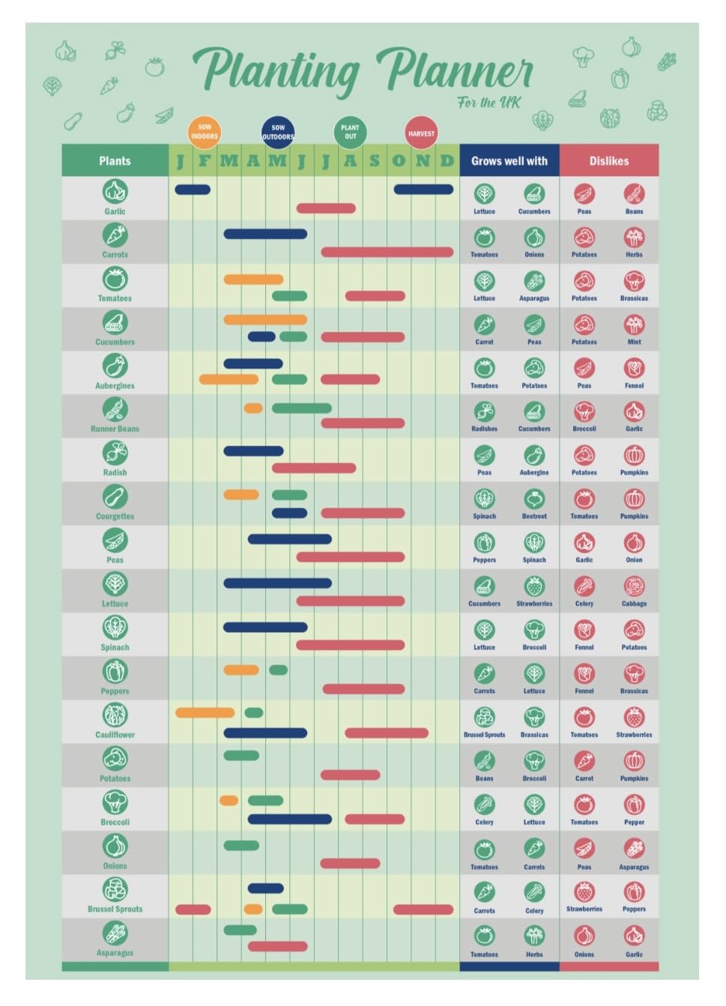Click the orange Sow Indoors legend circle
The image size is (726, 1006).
tap(205, 131)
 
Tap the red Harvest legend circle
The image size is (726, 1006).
tap(421, 133)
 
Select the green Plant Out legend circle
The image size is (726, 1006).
tap(350, 131)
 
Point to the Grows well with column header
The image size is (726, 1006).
tap(509, 160)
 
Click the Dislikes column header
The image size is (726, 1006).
tap(609, 160)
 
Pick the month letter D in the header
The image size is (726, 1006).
tap(447, 160)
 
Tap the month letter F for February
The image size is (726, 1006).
tap(205, 160)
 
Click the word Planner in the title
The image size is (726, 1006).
tap(455, 71)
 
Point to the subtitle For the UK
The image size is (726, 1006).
tap(488, 102)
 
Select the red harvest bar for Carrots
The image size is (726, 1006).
tap(387, 252)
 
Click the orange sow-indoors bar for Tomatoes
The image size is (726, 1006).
tap(253, 279)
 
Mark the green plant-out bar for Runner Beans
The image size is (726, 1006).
tap(301, 408)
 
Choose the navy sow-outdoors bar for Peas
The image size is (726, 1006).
tap(289, 539)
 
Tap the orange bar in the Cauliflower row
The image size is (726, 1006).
tap(205, 712)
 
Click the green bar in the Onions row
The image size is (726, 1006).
tap(241, 846)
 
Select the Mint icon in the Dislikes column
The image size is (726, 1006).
tap(634, 325)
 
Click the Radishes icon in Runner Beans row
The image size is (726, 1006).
tap(484, 411)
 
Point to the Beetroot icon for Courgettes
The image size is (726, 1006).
tap(534, 499)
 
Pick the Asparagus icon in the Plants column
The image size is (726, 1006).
tap(115, 933)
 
